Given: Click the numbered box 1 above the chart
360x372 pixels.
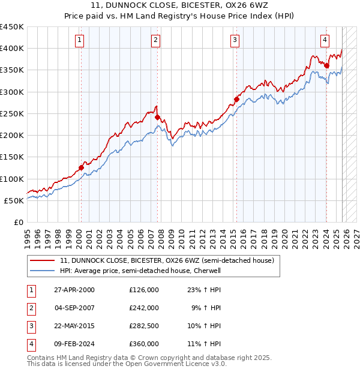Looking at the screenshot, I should [x=80, y=40].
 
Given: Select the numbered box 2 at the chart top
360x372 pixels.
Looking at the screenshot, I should [x=155, y=40].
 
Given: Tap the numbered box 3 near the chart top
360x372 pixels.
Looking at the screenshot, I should [x=235, y=40].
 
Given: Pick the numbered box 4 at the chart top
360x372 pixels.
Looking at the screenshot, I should [x=325, y=40].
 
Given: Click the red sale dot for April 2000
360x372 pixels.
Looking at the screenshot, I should [x=81, y=167].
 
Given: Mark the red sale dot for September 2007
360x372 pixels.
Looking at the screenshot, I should [x=157, y=118].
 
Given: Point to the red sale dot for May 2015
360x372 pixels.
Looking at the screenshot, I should [x=236, y=100].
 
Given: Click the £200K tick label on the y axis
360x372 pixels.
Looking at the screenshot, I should [x=11, y=136].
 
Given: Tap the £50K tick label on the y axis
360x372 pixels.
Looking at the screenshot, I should [x=14, y=200].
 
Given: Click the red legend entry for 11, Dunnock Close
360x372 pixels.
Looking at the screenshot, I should [x=167, y=260].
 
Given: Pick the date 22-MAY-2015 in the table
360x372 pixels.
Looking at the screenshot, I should [x=74, y=326].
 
